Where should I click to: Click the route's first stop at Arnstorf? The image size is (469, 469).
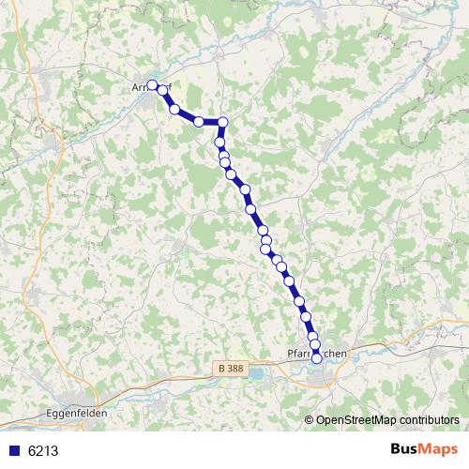coord(152,85)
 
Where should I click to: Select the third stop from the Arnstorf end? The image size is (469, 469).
coord(174,110)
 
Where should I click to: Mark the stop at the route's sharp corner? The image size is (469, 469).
coord(223,121)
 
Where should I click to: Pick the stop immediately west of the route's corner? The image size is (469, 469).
coord(199,121)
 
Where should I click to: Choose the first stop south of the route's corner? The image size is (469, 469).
coord(221,144)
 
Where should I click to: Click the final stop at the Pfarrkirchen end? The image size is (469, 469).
coord(316,357)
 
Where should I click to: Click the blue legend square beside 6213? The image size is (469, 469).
coord(14,450)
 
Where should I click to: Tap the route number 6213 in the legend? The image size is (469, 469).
coord(43,450)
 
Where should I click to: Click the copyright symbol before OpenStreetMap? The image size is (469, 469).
coord(310,420)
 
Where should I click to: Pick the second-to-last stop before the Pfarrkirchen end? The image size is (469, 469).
coord(314,346)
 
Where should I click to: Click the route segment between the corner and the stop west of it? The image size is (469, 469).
coord(211,121)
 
